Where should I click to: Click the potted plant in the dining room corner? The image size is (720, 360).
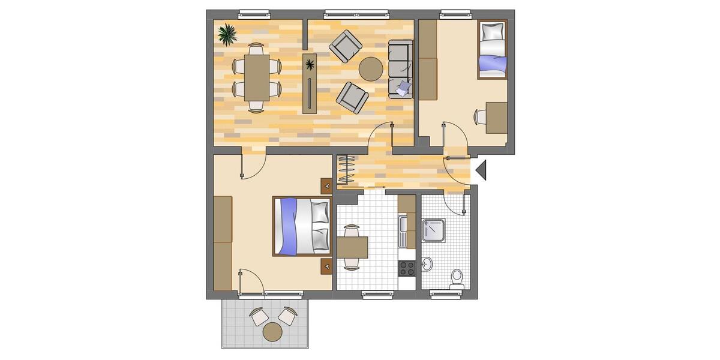pos(227,34)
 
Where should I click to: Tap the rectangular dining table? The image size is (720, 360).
pos(257,77)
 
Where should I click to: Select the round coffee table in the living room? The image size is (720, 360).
pos(371,68)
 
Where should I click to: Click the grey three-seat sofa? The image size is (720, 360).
pos(400,68)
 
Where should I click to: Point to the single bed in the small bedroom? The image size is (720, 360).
pos(492,50)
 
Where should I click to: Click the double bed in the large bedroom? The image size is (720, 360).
pos(302,226)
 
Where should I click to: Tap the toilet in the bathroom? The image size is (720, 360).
pos(457,278)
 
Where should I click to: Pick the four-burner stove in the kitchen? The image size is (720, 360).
pos(407,267)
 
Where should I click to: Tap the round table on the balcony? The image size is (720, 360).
pos(272,331)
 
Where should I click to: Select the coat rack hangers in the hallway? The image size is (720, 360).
pos(346,170)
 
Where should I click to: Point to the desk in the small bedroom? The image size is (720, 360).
pos(497,117)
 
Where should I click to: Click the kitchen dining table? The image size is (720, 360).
pos(352,246)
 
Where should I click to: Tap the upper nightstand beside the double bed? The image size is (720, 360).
pos(326,186)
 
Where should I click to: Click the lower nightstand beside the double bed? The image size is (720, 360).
pos(326,265)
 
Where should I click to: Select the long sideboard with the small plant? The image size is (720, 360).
pos(310,83)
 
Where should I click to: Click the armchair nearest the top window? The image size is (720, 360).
pos(346,46)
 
